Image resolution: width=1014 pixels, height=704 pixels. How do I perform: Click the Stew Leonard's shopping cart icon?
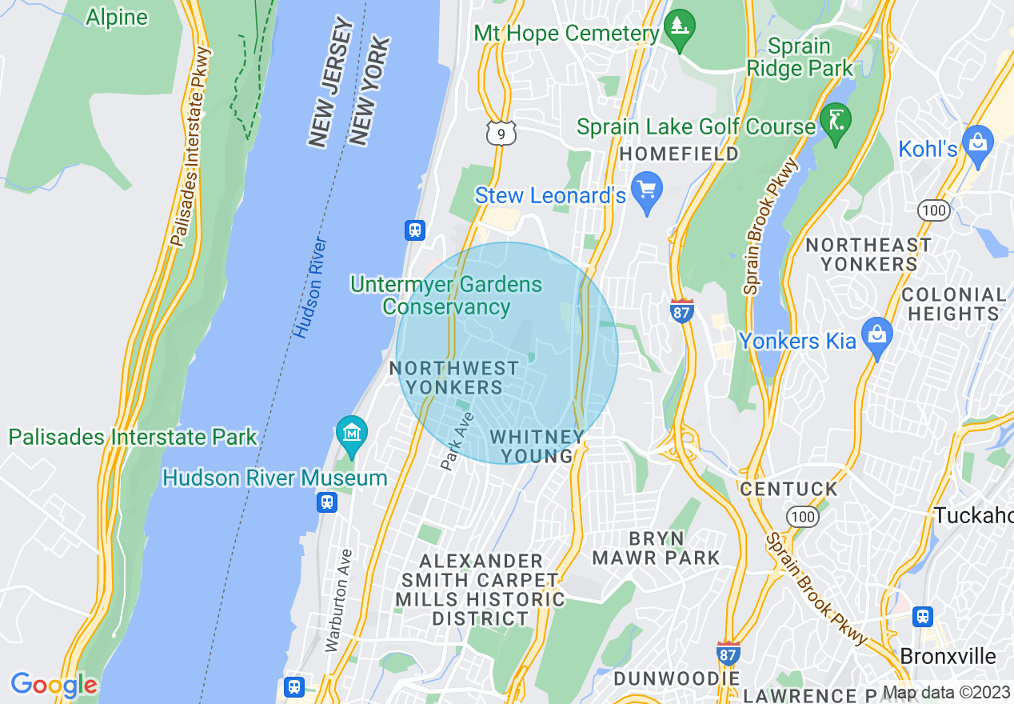coord(647,190)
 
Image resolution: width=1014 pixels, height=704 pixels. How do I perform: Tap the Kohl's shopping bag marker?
coord(977,144)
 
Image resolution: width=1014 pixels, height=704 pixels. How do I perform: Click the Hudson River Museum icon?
coord(351,433)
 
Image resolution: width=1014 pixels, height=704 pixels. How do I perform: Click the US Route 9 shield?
coord(501,134)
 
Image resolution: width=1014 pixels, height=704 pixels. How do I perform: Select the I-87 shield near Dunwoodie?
coord(729,652)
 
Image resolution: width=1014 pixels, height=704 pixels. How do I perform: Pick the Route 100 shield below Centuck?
coord(802,517)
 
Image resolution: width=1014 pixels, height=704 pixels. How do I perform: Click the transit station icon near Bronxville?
coord(924,617)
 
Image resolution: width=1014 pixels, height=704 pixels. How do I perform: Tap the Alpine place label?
coord(117,17)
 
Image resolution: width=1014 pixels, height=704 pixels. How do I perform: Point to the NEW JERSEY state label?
coord(331,85)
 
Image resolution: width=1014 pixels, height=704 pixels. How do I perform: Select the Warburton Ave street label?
coord(335,599)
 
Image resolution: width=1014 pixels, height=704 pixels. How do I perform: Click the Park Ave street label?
coord(457,441)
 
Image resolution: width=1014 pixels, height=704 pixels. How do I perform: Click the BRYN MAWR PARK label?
coord(657,547)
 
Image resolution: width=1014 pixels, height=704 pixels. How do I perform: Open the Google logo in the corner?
coord(54,685)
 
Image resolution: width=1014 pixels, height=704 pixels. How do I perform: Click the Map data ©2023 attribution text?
coord(946,693)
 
